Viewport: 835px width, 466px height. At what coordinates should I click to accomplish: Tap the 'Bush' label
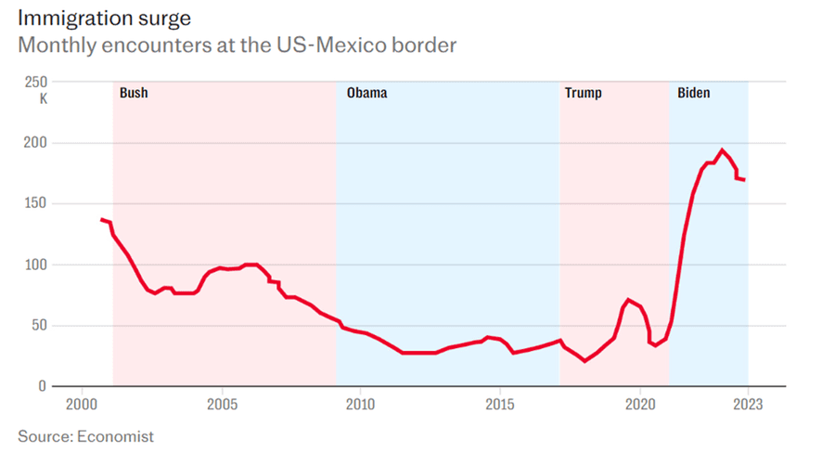pos(134,93)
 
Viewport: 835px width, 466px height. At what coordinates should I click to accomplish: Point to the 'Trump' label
pos(583,93)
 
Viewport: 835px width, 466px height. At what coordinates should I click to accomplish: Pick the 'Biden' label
pos(694,93)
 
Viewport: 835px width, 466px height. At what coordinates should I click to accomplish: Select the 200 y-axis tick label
pos(35,143)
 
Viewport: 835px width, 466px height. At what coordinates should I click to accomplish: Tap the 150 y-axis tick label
pos(35,203)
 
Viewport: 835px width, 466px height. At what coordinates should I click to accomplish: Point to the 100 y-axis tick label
pos(35,265)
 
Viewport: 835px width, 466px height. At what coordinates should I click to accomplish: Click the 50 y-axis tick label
pos(38,326)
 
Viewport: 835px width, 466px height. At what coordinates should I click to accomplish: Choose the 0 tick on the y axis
pos(42,386)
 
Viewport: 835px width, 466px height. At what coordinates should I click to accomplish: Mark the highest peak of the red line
pos(722,150)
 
